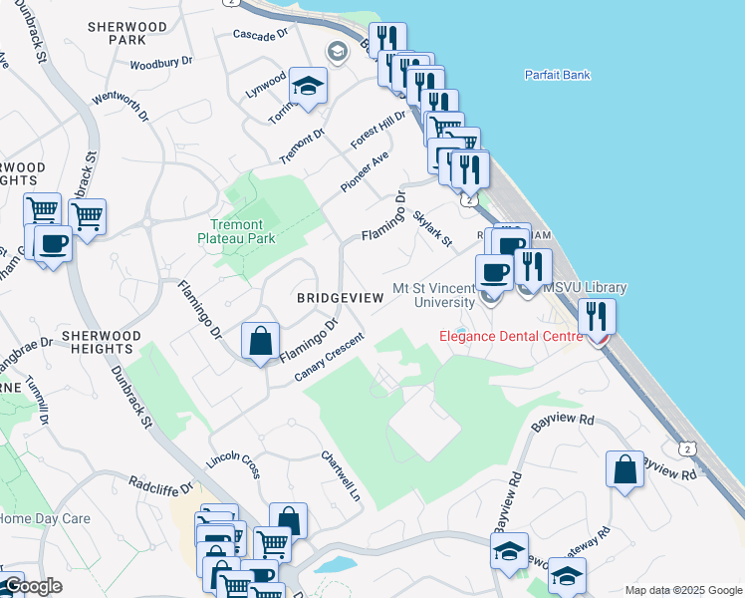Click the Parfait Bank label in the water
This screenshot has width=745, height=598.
coord(557,75)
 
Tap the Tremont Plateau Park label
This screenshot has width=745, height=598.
coord(235,231)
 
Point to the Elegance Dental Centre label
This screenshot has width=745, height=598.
coord(511,336)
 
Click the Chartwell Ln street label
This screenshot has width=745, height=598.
coord(340,475)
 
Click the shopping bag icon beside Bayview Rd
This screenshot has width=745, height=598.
coord(623,470)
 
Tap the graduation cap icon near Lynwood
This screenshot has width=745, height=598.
coord(308,86)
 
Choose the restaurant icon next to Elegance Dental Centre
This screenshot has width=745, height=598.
coord(597,317)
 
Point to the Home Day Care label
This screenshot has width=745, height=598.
coord(45,518)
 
